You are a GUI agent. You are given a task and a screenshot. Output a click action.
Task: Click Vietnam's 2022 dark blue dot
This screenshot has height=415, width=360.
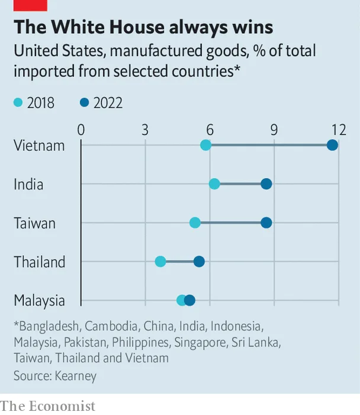click(332, 145)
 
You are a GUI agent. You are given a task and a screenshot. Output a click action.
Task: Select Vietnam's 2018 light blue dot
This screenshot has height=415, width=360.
click(205, 145)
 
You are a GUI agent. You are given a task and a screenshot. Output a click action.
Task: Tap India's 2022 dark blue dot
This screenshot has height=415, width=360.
click(266, 184)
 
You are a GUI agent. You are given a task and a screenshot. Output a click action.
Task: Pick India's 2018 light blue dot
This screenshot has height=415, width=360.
click(214, 184)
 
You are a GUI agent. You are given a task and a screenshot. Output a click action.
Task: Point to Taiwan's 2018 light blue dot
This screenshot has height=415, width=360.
click(195, 223)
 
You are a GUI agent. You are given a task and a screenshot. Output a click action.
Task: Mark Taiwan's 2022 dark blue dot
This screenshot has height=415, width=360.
click(266, 223)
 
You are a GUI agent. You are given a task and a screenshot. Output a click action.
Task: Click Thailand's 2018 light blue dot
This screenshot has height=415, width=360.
click(160, 262)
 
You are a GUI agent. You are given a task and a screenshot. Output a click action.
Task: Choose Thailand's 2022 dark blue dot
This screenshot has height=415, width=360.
click(199, 262)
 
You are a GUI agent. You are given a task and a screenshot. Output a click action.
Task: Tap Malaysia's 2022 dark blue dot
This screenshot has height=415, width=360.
click(189, 300)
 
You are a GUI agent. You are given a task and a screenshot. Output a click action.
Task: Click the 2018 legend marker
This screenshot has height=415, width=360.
click(18, 103)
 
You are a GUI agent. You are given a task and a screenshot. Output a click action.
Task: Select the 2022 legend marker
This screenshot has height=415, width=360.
click(84, 103)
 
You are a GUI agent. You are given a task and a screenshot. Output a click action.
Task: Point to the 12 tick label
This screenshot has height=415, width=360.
click(338, 130)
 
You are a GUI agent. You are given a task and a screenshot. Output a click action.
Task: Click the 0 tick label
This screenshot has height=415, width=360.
click(81, 130)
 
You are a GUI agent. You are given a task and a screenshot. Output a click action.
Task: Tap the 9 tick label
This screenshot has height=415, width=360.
click(274, 130)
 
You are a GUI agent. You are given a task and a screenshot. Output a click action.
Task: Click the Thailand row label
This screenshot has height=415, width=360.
click(40, 262)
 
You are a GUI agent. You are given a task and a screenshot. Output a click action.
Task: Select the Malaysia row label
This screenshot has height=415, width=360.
click(40, 300)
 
